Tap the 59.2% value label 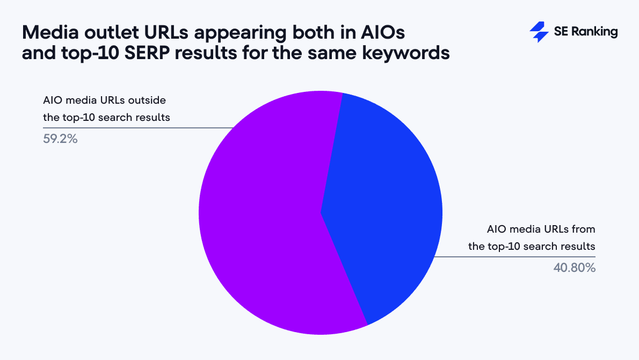pos(60,139)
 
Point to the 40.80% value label pos(574,268)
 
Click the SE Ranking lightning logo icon pos(539,32)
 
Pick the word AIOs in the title pos(383,32)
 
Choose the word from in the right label pos(583,229)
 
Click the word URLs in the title pos(166,32)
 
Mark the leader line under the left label pos(138,128)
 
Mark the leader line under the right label pos(515,257)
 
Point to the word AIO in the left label pos(52,100)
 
